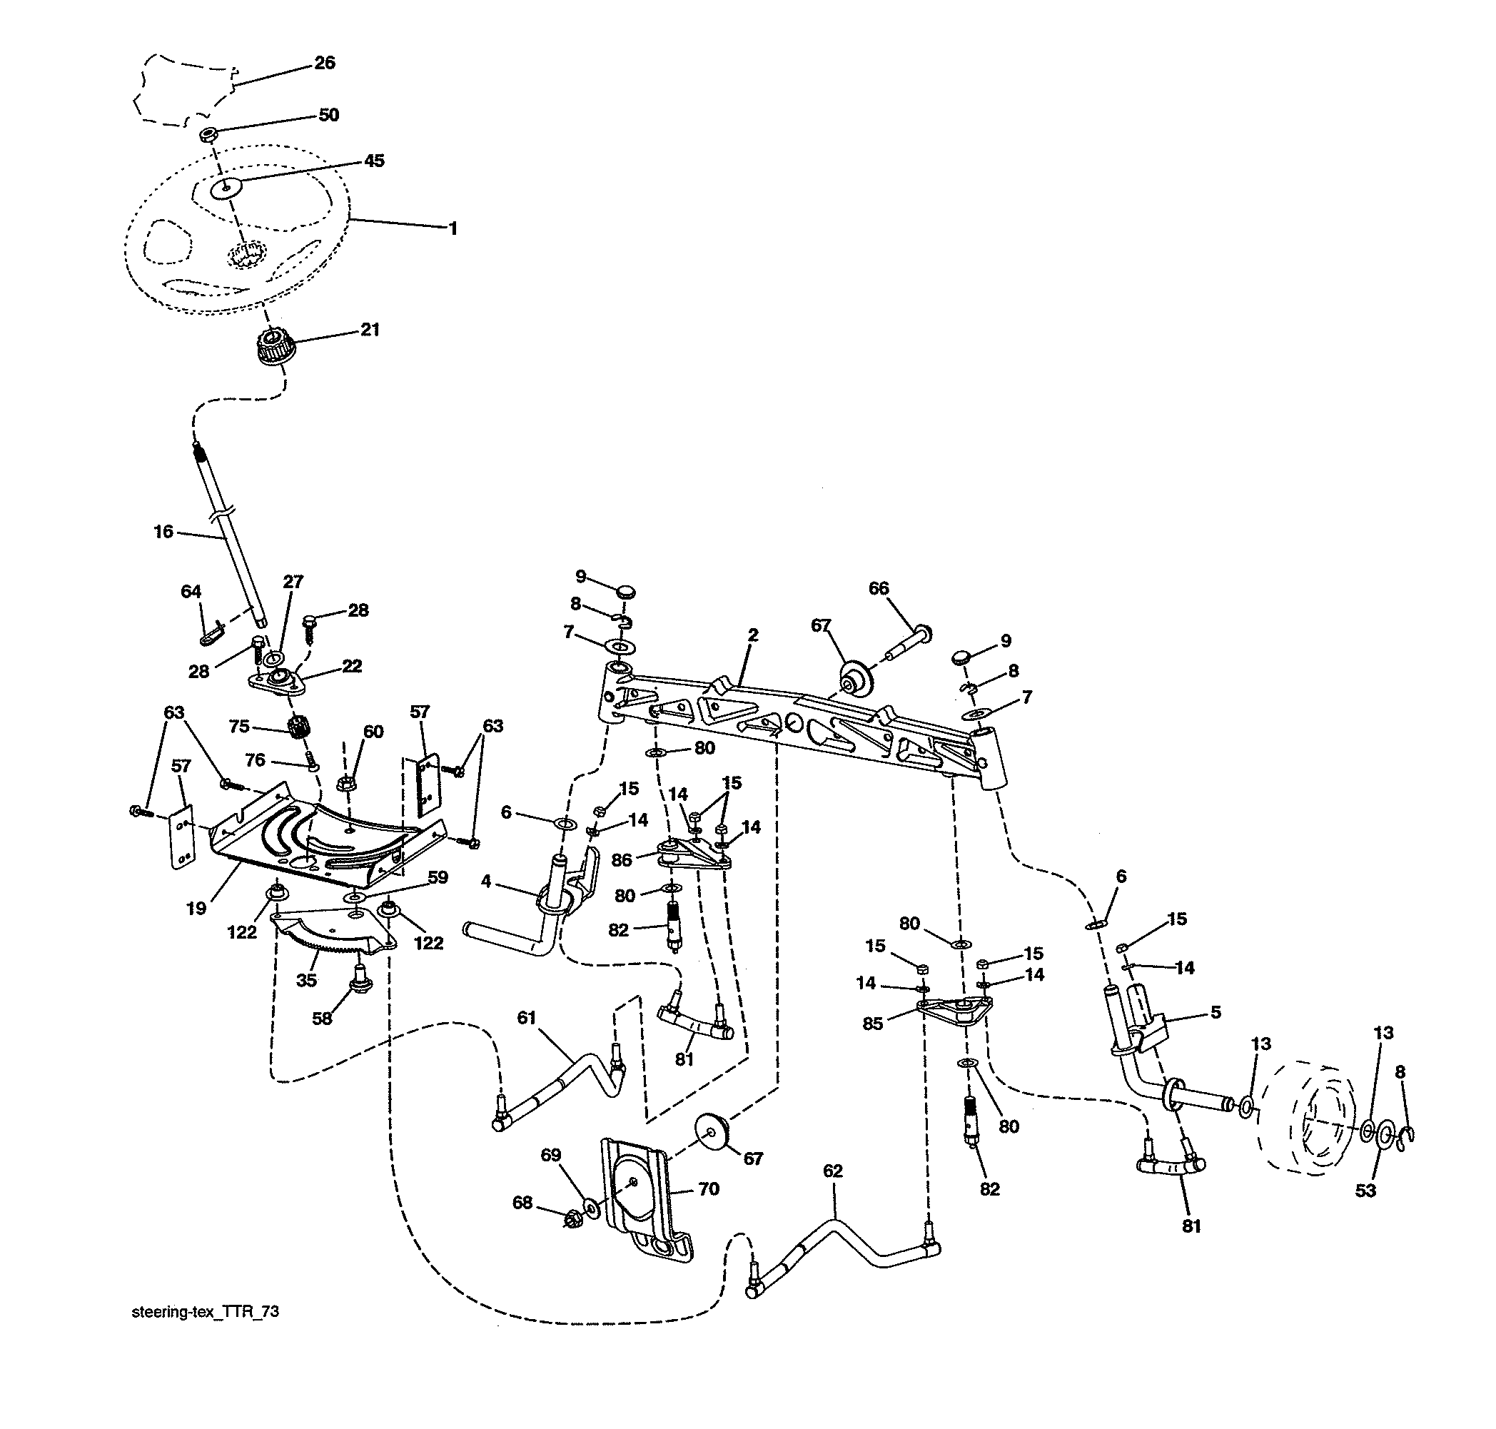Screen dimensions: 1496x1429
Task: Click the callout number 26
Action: coord(325,64)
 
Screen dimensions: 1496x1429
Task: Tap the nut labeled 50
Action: coord(207,135)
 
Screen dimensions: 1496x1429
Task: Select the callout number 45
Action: coord(374,161)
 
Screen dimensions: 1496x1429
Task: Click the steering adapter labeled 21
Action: coord(271,348)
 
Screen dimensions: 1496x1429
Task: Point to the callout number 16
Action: coord(163,532)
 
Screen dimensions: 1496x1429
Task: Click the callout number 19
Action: coord(196,908)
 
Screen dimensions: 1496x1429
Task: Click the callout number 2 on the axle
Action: coord(752,635)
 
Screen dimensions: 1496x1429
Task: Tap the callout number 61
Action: coord(526,1018)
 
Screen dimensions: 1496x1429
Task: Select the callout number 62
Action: coord(832,1171)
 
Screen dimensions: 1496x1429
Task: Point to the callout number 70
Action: coord(709,1189)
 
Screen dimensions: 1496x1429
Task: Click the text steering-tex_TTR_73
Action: coord(205,1312)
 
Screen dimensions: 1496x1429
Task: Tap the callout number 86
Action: coord(622,860)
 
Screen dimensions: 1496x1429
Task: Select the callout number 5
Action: coord(1215,1011)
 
